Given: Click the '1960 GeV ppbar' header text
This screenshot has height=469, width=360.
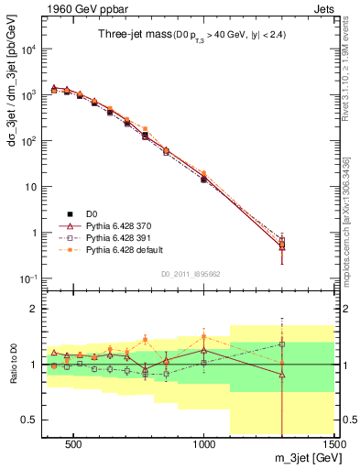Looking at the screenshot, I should [75, 7].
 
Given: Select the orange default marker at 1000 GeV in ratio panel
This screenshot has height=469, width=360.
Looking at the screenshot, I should [203, 336].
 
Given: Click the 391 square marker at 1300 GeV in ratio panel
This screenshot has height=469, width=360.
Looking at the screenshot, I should [282, 344].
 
